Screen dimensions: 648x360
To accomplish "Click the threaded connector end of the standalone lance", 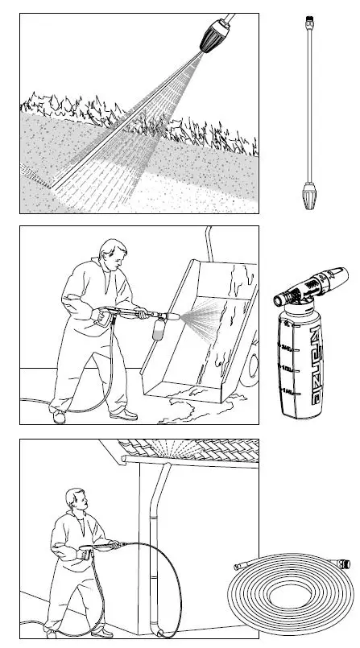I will tap(311, 18).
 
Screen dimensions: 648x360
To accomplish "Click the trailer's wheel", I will tap(253, 363).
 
